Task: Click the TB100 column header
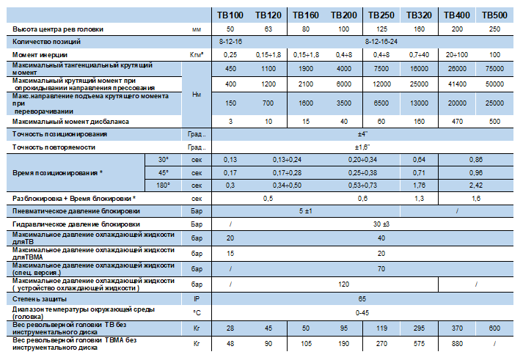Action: [230, 15]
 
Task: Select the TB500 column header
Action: [494, 15]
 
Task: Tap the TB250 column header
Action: [381, 15]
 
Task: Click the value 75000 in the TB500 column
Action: [494, 69]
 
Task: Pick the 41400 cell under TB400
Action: [457, 84]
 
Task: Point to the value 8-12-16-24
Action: [381, 42]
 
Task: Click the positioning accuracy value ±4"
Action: [362, 134]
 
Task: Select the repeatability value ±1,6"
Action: [362, 147]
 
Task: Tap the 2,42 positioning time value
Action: [476, 185]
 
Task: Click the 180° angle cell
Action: [163, 185]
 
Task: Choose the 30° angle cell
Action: [163, 160]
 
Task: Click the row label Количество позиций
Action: [46, 42]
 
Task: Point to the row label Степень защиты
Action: [40, 299]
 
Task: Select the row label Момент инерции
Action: [40, 55]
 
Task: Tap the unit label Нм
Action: [197, 95]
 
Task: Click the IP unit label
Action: [197, 299]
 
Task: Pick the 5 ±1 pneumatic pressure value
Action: [306, 211]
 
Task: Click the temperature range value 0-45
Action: [362, 312]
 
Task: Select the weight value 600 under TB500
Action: [494, 328]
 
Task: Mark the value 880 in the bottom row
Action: [457, 344]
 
